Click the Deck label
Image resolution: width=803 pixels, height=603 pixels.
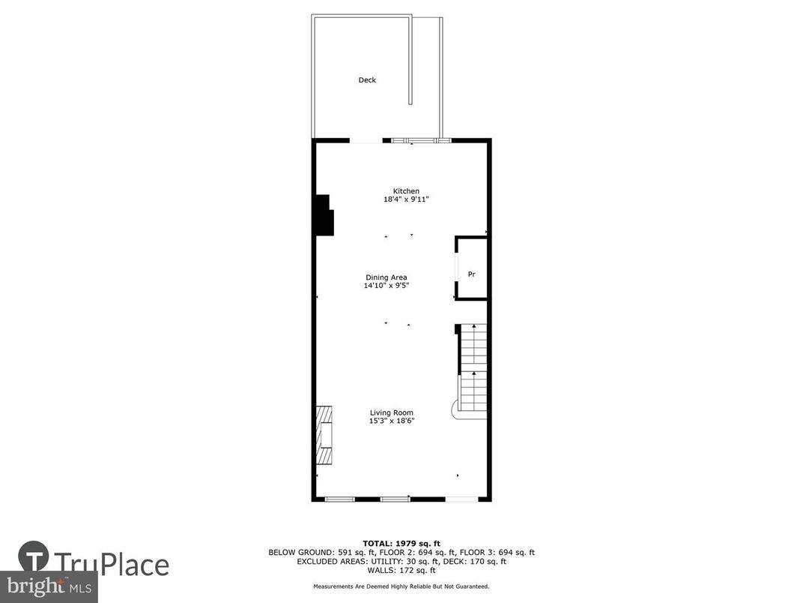pos(367,80)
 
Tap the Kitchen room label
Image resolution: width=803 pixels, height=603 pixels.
pos(407,190)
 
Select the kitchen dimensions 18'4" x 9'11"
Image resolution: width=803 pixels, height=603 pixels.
pos(407,199)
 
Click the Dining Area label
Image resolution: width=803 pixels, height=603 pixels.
pos(387,277)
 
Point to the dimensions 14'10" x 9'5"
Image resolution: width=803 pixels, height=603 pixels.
pos(387,286)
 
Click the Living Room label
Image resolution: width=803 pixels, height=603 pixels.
pos(392,412)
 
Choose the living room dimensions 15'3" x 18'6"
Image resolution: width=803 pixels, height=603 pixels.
pos(392,421)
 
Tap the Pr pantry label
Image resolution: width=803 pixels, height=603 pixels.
pos(472,274)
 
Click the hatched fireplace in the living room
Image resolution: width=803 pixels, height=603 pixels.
pos(324,435)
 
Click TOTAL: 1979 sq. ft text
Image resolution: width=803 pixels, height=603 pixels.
pos(401,543)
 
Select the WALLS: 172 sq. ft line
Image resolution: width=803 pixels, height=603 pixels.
pos(401,570)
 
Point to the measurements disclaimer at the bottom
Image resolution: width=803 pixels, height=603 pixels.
pos(401,586)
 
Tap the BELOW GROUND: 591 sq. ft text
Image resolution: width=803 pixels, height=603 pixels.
pos(315,552)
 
